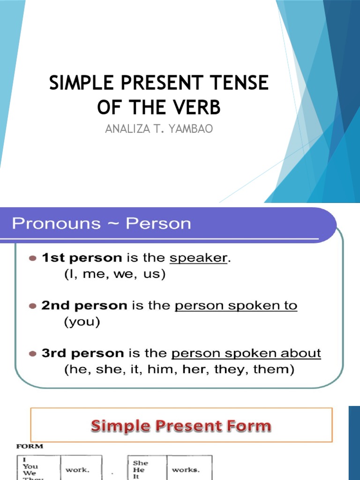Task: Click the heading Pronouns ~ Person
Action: [x=101, y=223]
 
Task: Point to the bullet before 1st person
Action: [x=32, y=258]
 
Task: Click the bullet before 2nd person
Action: [x=32, y=306]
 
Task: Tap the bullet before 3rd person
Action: [x=32, y=353]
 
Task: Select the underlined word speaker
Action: [x=198, y=258]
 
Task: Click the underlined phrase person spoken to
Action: [x=236, y=306]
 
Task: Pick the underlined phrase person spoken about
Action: [x=246, y=353]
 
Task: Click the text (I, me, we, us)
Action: [x=114, y=275]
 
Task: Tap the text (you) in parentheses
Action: [x=82, y=322]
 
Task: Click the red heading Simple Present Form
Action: [x=181, y=426]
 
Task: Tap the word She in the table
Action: [x=141, y=463]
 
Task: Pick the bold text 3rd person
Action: [x=82, y=353]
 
